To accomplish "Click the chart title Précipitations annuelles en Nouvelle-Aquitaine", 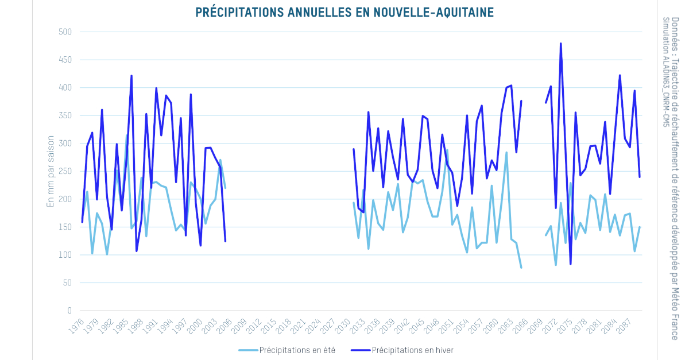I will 344,12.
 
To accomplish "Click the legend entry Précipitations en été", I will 297,350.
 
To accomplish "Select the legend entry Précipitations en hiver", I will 413,350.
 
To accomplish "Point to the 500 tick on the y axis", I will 65,32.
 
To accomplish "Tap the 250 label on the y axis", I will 65,172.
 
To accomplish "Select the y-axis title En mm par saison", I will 51,171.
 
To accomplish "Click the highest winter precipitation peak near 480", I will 560,44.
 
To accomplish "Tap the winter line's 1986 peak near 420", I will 131,76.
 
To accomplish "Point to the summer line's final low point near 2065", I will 521,268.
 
